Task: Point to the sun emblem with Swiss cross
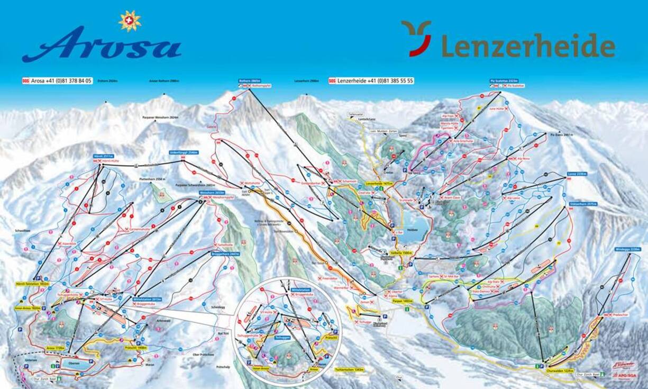[x=130, y=21]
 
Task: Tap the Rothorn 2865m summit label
[x=250, y=81]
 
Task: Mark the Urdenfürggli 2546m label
[x=184, y=152]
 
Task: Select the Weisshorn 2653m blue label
[x=212, y=193]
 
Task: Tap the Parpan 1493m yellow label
[x=403, y=301]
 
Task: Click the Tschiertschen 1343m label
[x=350, y=369]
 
